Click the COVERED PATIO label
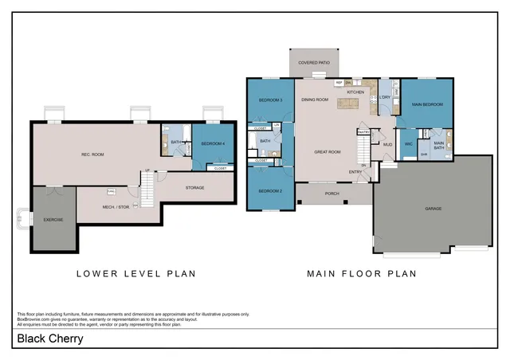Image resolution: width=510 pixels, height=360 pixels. tap(314, 62)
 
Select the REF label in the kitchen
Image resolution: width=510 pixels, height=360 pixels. tap(339, 82)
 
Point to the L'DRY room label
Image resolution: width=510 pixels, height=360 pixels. tap(384, 98)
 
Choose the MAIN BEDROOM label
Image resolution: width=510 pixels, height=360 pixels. tap(426, 104)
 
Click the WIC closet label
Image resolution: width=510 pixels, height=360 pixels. tap(407, 144)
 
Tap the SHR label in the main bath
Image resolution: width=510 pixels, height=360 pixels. tap(423, 154)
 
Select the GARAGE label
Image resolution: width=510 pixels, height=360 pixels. tap(433, 209)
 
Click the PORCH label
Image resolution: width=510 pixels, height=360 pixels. tap(331, 193)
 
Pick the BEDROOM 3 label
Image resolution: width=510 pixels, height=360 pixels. tap(270, 100)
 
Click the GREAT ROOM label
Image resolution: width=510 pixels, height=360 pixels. tap(328, 151)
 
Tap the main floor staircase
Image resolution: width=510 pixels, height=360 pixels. tap(363, 148)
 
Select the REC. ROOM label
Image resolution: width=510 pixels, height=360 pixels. tap(93, 154)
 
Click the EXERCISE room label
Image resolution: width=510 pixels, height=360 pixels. tap(53, 219)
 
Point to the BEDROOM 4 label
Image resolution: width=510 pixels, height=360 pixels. tap(212, 143)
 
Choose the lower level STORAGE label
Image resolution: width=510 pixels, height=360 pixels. tap(195, 187)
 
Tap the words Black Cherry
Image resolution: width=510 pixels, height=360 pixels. tap(49, 338)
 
